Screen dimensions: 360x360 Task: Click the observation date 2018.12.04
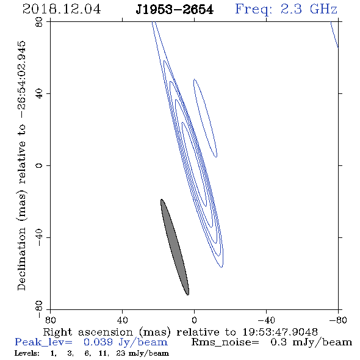[62, 9]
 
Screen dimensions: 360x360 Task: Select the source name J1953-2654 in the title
[175, 10]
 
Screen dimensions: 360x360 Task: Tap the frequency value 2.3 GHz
[309, 9]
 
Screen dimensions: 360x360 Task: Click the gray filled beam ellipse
[175, 247]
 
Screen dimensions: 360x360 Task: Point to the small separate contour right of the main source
[205, 118]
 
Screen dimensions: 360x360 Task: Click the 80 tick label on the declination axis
[39, 22]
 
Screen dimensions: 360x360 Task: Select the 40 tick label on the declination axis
[39, 94]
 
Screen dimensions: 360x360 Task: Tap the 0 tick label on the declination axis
[39, 165]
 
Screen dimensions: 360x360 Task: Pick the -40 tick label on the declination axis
[39, 237]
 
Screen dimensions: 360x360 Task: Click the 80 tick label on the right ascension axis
[50, 320]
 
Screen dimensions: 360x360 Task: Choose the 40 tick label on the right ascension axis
[123, 320]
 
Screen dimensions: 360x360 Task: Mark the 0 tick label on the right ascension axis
[194, 320]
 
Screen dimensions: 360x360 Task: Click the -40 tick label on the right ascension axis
[266, 320]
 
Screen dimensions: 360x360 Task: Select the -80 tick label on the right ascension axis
[338, 320]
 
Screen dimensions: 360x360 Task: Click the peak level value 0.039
[98, 342]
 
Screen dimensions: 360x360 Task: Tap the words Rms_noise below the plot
[225, 342]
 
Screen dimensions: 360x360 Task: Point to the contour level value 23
[121, 353]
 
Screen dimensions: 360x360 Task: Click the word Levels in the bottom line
[27, 353]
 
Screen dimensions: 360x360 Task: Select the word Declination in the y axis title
[21, 259]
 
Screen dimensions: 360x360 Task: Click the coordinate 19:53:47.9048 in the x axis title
[280, 332]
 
